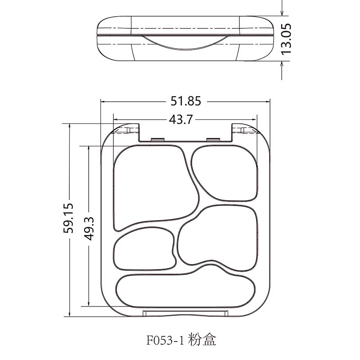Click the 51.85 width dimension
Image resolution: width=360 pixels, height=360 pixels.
(185, 102)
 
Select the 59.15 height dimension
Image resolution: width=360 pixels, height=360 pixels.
(70, 218)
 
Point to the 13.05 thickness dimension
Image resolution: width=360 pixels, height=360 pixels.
(286, 39)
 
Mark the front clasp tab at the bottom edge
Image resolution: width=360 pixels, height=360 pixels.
(184, 313)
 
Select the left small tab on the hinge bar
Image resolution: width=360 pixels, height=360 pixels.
(157, 139)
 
